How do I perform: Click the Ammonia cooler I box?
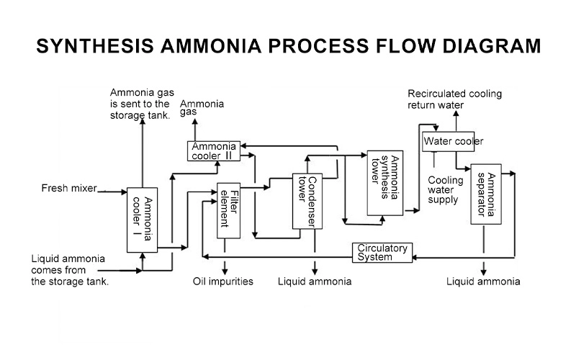(x=143, y=220)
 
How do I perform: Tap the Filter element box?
(x=228, y=210)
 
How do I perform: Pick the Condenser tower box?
(x=307, y=200)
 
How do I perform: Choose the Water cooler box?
(x=452, y=142)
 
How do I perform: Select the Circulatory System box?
(x=382, y=253)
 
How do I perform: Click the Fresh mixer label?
(x=68, y=189)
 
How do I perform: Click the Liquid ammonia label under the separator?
(x=483, y=282)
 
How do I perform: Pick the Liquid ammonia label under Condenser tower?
(x=315, y=282)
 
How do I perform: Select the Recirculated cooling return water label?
(x=454, y=99)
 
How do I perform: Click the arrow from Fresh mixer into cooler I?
(x=115, y=192)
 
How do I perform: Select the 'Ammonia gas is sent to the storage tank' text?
(x=140, y=104)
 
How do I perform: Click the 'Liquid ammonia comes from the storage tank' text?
(x=70, y=270)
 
